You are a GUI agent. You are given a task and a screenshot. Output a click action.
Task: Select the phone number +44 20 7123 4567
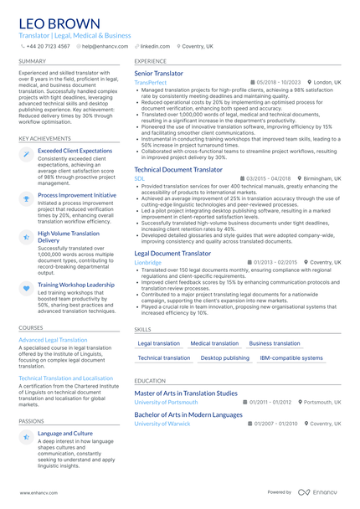coord(48,47)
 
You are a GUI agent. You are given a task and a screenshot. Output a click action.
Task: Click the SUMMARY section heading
coord(32,62)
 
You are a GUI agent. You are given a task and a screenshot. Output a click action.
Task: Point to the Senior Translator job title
coord(158,74)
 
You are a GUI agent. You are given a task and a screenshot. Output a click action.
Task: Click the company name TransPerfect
coord(151,83)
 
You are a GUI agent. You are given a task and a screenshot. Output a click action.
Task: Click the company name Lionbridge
coord(148,262)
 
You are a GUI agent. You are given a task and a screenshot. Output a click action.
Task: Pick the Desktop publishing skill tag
coord(224,357)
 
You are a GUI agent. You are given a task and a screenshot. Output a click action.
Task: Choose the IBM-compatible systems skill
coord(291,357)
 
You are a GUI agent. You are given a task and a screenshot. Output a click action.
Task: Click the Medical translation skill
coord(214,343)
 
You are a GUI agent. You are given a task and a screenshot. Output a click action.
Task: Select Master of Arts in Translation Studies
coord(186,393)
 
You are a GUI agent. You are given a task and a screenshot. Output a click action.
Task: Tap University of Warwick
coord(162,424)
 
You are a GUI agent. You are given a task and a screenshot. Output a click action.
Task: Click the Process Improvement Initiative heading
coord(77,194)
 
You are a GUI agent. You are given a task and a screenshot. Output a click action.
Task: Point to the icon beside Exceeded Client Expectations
coord(26,154)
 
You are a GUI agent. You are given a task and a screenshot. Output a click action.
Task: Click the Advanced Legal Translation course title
coord(53,340)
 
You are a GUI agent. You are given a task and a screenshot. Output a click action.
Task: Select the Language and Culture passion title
coord(65,433)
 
